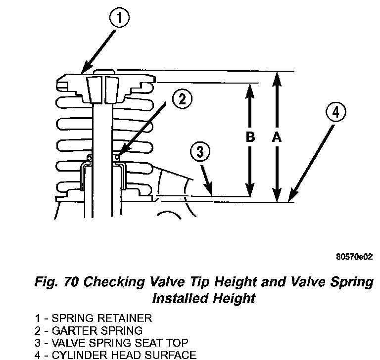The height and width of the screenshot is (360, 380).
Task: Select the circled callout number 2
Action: coord(182,99)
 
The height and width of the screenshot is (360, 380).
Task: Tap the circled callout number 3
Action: coord(200,152)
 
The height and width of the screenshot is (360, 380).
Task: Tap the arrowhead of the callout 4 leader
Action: coord(290,199)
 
